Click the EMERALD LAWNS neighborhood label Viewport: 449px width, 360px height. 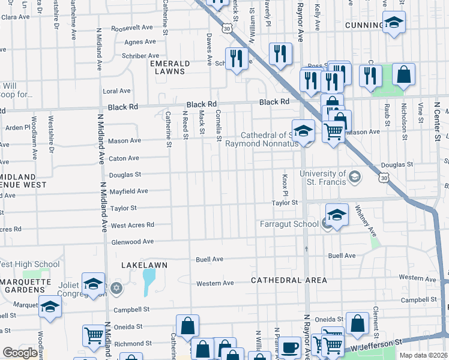(x=170, y=67)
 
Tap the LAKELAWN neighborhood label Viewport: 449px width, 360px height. (x=144, y=265)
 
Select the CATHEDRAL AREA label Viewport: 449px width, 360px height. (x=289, y=280)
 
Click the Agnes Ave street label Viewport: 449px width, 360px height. (x=140, y=42)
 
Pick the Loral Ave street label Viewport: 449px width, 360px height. (x=116, y=91)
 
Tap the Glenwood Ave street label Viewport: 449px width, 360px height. (x=133, y=242)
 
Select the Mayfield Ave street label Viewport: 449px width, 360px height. (x=129, y=191)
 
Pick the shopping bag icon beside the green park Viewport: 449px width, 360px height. (x=404, y=76)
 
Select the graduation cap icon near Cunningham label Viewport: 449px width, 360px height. (x=393, y=23)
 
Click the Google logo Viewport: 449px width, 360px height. (x=20, y=353)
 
